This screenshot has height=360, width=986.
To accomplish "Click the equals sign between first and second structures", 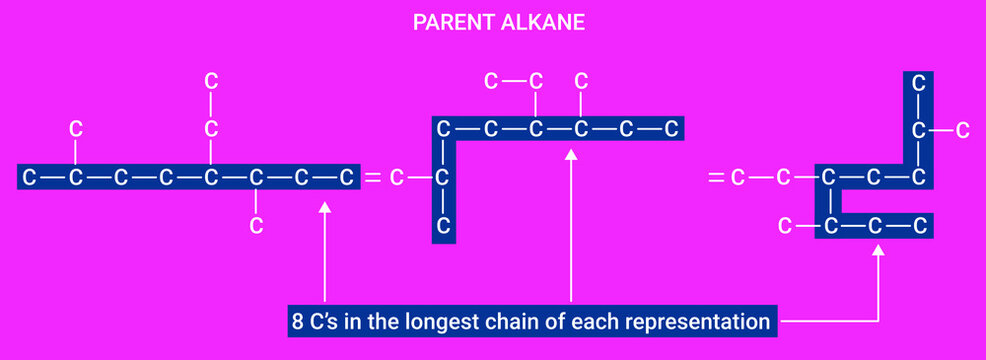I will tap(372, 178).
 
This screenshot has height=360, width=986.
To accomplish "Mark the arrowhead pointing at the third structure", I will tap(879, 253).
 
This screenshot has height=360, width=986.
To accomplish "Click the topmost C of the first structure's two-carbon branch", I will tap(211, 81).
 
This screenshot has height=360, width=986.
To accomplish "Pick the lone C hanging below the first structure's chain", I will tap(256, 225).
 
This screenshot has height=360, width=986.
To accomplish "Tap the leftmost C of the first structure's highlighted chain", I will tap(30, 178).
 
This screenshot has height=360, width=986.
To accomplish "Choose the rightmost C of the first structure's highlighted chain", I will tap(346, 178).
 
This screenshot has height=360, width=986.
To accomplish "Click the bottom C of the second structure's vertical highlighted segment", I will tap(444, 226).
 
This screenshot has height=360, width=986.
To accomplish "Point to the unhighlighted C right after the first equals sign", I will tap(397, 178).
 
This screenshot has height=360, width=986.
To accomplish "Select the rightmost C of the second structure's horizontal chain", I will tap(672, 129).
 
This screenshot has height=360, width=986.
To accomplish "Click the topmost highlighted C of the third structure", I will tap(918, 83).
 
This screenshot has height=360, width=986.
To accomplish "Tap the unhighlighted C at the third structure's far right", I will tap(962, 129).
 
